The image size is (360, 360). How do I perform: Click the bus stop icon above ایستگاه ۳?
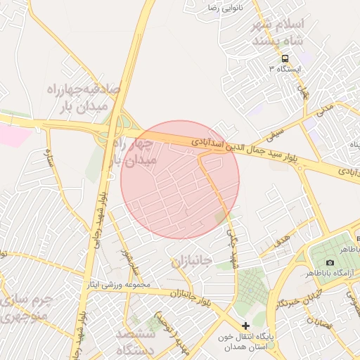[x=285, y=59]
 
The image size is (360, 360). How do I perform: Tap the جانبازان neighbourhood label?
[x=191, y=262]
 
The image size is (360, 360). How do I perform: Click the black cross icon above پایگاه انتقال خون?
[x=245, y=326]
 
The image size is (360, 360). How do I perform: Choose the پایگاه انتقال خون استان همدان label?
[x=245, y=341]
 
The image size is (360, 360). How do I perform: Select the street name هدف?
[x=282, y=241]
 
